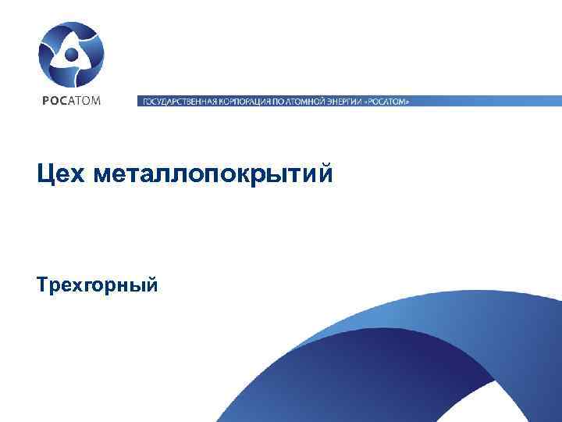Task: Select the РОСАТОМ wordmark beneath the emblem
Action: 71,100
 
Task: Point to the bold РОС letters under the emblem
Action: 53,100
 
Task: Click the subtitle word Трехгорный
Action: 98,284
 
